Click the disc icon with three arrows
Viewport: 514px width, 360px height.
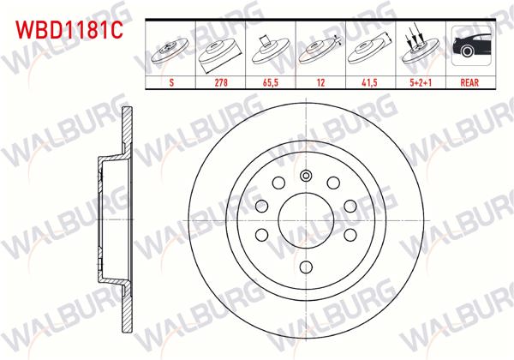click(420, 49)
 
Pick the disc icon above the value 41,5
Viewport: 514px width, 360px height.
click(370, 51)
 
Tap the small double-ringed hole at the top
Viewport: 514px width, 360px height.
click(306, 176)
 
